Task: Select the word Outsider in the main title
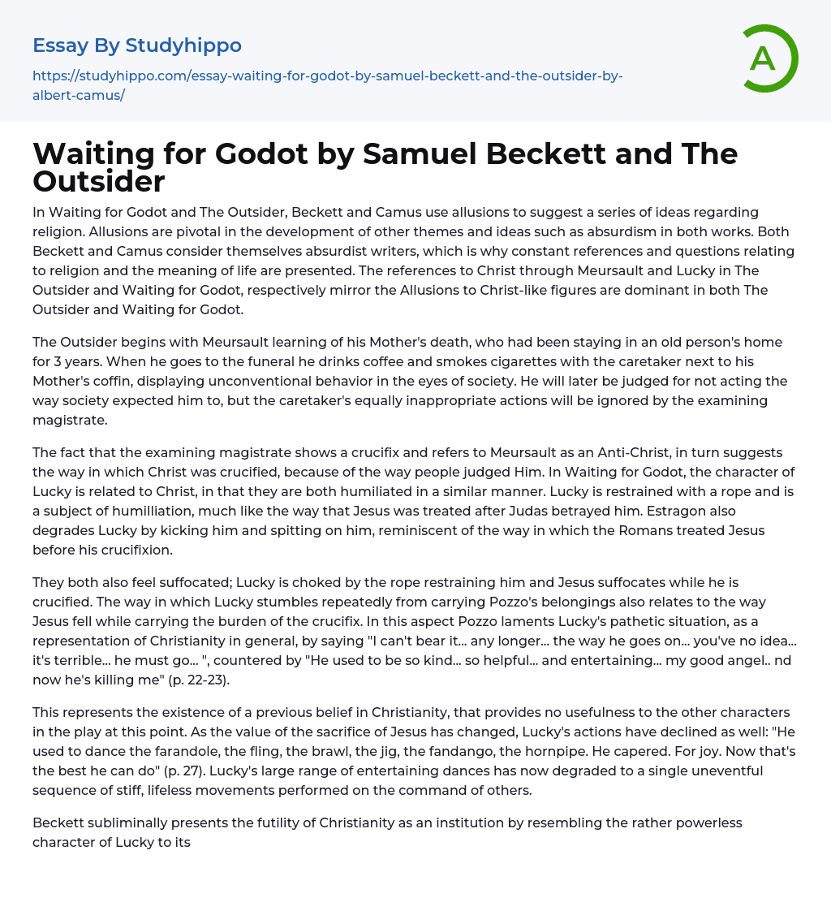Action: (99, 180)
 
